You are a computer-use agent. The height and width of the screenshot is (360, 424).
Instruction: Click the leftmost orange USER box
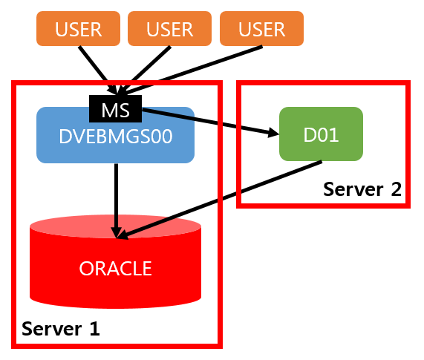(x=78, y=29)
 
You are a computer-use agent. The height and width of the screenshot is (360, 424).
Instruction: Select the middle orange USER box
(x=169, y=29)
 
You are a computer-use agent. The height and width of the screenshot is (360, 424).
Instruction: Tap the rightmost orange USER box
(x=261, y=29)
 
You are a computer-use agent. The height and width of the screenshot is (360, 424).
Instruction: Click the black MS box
(x=115, y=108)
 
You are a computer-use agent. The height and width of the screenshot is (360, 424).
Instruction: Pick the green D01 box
(x=321, y=134)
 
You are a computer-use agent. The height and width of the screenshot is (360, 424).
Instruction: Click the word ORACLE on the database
(x=115, y=269)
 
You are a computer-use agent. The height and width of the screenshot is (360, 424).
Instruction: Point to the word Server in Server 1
(x=52, y=329)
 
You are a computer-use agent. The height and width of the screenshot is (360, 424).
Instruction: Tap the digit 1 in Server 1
(x=94, y=329)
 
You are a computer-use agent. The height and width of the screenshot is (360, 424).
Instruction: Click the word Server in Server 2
(x=353, y=189)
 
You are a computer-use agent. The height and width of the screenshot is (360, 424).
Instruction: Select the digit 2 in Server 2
(x=396, y=189)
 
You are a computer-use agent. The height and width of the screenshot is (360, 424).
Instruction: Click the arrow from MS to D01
(x=210, y=122)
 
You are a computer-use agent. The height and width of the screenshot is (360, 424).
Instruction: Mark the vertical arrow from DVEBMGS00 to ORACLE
(x=117, y=201)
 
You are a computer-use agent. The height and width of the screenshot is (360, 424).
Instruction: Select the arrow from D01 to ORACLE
(x=219, y=200)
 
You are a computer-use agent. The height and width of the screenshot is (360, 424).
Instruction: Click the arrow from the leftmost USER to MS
(x=98, y=71)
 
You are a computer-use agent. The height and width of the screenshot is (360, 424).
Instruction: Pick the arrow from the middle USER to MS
(x=144, y=71)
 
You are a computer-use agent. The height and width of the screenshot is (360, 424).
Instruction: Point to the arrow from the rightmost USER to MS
(x=190, y=71)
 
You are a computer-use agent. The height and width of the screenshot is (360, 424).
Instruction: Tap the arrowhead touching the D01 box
(x=273, y=132)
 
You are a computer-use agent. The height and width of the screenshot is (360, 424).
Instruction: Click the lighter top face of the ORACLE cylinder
(x=115, y=226)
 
